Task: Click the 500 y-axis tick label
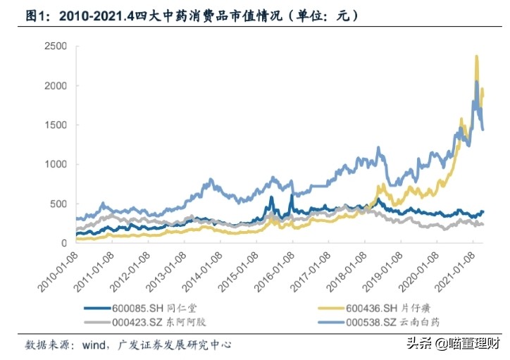58,204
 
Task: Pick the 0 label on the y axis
63,243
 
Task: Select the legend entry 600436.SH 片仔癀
385,308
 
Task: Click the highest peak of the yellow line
477,56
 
